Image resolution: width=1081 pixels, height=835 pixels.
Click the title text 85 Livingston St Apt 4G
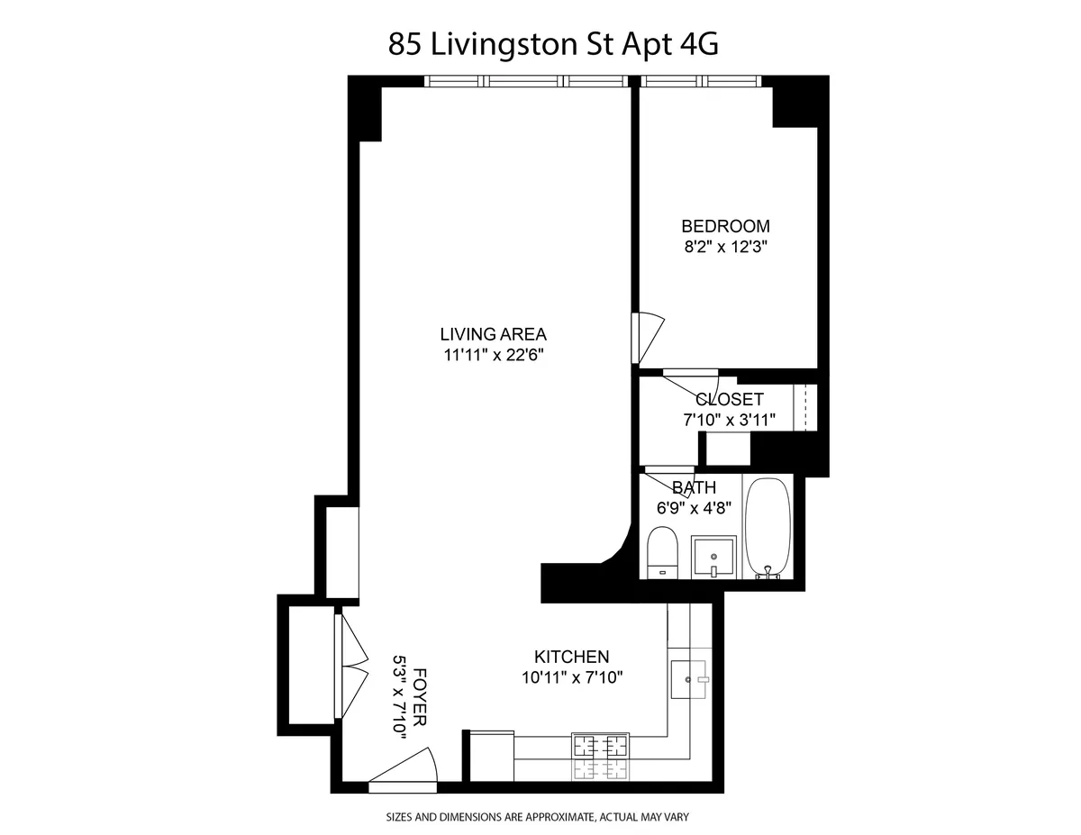[553, 44]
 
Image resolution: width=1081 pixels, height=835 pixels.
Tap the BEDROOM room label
[725, 226]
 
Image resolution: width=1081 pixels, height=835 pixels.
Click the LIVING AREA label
[494, 334]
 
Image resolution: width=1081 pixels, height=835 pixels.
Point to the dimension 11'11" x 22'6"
[494, 354]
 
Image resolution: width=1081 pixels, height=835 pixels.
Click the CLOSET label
[729, 399]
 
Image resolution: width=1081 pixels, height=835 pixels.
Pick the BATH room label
[694, 488]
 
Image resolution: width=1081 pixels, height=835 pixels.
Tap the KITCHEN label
[572, 657]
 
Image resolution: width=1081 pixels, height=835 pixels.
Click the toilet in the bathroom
[663, 552]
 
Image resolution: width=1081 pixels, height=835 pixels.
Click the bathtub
[768, 528]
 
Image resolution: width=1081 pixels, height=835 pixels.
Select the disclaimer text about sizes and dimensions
[538, 818]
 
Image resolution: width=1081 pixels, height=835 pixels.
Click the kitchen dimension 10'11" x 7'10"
[572, 676]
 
